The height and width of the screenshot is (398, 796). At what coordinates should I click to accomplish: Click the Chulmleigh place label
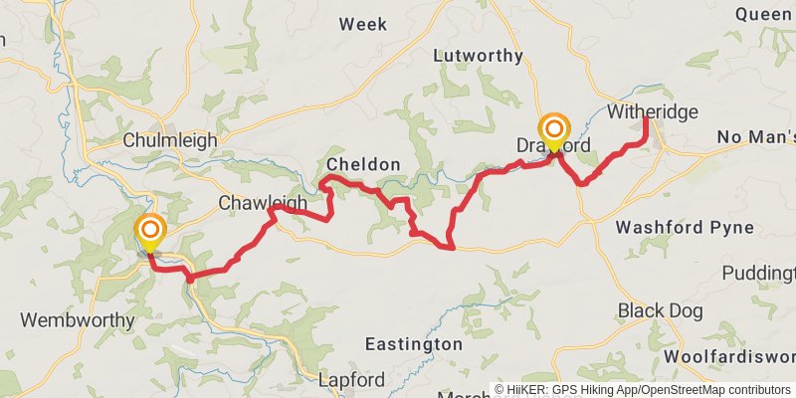[169, 140]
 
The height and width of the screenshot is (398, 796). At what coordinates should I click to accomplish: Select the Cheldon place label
[363, 164]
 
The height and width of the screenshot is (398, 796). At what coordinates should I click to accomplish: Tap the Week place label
[362, 24]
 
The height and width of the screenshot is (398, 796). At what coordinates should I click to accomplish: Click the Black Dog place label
[660, 310]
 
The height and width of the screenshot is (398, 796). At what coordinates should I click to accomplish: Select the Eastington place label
[413, 343]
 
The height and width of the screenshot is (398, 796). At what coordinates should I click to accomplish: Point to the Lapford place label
[350, 380]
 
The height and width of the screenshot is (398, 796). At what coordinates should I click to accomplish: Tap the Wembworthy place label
[78, 320]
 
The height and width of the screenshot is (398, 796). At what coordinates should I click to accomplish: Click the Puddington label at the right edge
[759, 273]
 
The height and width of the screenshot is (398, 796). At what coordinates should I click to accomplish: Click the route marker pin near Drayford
[554, 130]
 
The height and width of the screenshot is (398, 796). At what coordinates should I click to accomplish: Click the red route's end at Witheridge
[646, 119]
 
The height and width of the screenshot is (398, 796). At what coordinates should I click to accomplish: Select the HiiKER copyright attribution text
[643, 390]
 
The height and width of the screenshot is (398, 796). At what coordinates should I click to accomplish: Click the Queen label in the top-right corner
[765, 14]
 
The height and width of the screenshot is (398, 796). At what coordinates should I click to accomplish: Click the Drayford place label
[553, 146]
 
